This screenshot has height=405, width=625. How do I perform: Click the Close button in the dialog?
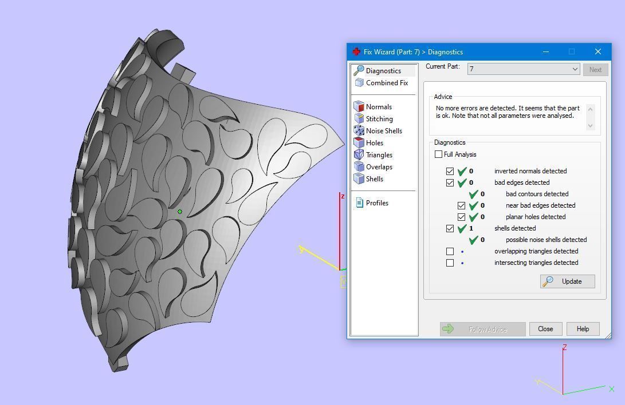[545, 329]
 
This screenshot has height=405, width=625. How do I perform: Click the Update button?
[567, 281]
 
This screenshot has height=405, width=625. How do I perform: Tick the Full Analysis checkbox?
[439, 154]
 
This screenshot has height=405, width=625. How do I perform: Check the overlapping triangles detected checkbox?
[450, 251]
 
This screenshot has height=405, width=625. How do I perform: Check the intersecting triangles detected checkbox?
[450, 263]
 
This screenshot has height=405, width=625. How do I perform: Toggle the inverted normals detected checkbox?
[450, 171]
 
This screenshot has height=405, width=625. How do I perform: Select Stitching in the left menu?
[379, 119]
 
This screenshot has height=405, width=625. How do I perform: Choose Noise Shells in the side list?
[384, 131]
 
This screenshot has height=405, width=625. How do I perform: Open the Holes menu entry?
[374, 143]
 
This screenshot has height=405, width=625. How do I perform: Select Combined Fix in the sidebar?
[387, 83]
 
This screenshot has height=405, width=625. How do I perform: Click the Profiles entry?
[377, 203]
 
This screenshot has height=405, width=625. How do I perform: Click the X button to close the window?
[598, 51]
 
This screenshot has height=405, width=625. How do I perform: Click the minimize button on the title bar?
[546, 51]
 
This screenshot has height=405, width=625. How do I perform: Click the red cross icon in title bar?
[356, 51]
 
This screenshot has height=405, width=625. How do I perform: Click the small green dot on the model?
[180, 212]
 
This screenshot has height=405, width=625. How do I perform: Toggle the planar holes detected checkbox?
[462, 217]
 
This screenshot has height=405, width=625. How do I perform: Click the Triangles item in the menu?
[379, 155]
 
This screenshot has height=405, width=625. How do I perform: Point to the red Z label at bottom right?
[565, 347]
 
